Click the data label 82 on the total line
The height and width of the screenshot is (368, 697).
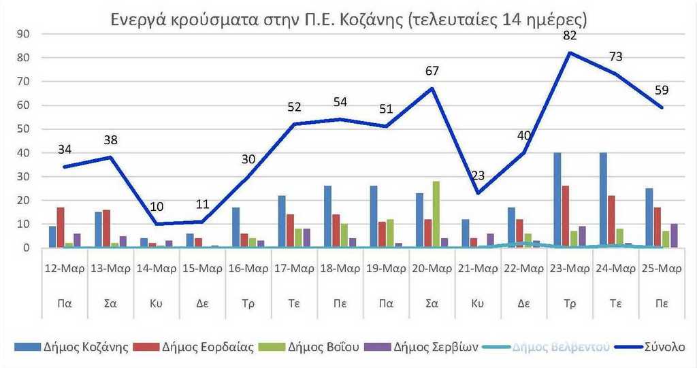[570, 36]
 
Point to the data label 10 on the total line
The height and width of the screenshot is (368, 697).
[156, 207]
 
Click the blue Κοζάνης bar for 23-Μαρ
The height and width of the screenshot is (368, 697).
[557, 200]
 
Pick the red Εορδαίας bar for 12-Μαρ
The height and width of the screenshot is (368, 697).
[61, 228]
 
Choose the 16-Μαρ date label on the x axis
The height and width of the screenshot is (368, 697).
[248, 268]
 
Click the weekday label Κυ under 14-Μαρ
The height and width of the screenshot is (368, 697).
[157, 303]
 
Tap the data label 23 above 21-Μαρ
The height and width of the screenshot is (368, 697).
[479, 176]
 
